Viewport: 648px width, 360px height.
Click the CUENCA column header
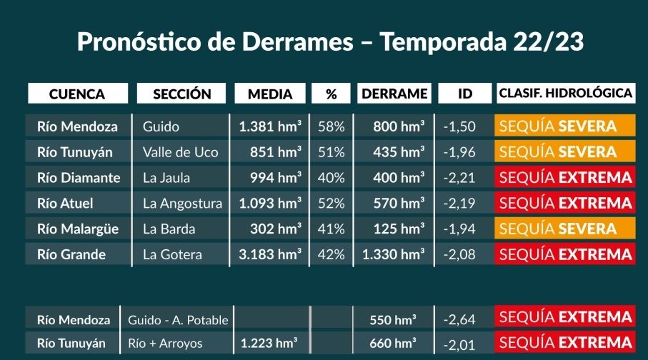[x=77, y=94]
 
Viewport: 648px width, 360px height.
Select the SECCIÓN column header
[x=182, y=94]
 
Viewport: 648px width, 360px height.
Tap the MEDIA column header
[x=270, y=94]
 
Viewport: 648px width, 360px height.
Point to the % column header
[x=331, y=94]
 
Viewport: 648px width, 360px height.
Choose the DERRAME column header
[x=394, y=94]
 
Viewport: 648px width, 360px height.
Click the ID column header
[x=465, y=94]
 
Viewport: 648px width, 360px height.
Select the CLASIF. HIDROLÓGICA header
[x=565, y=93]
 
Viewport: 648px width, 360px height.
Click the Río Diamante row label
[x=79, y=178]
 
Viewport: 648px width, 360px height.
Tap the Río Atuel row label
[x=65, y=204]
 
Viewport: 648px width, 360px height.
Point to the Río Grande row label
[x=71, y=254]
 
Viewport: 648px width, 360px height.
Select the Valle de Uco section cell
[x=180, y=152]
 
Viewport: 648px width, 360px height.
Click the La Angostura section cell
[x=182, y=204]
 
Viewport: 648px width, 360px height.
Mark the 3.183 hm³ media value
[x=270, y=254]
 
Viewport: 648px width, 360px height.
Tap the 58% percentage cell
[x=331, y=126]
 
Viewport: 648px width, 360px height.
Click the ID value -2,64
[x=459, y=319]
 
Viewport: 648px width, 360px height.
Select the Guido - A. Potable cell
[x=178, y=320]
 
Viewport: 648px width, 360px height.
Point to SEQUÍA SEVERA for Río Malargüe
[x=558, y=229]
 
